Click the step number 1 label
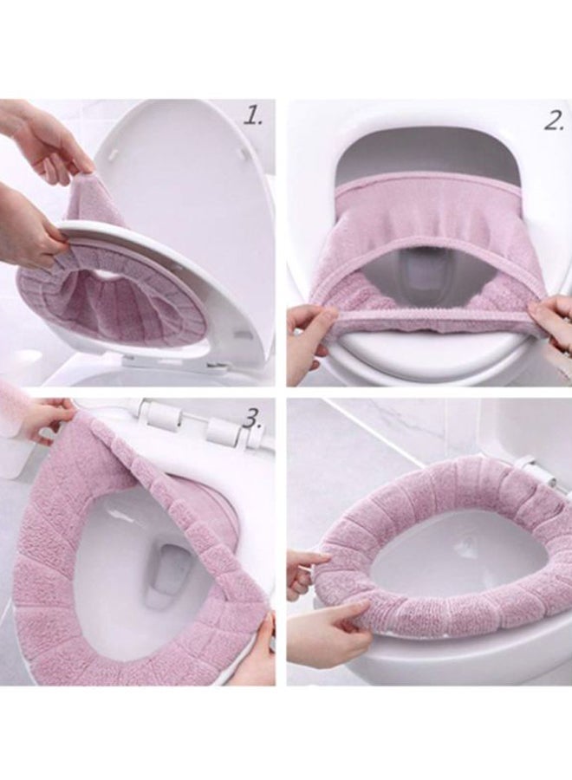click(x=253, y=117)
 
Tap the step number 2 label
click(x=554, y=121)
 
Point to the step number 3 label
click(x=252, y=419)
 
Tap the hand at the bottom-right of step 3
click(x=261, y=650)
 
